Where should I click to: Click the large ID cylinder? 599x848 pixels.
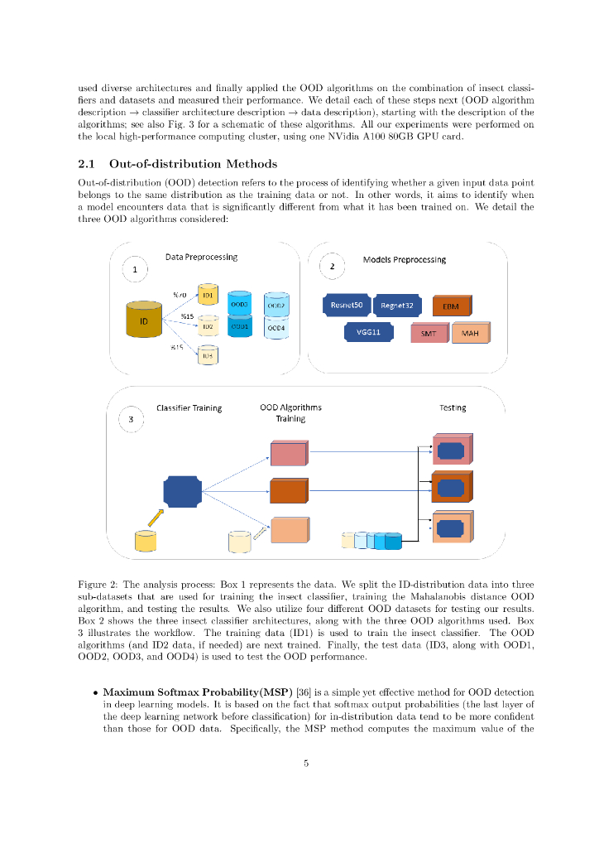pyautogui.click(x=144, y=320)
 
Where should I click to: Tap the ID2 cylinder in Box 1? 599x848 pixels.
pyautogui.click(x=208, y=327)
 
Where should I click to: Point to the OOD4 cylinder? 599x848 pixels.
pyautogui.click(x=276, y=328)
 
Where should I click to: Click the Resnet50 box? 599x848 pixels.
pyautogui.click(x=346, y=306)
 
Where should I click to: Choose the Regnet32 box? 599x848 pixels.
pyautogui.click(x=397, y=306)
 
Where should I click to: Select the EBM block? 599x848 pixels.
pyautogui.click(x=452, y=306)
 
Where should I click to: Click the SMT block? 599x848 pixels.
pyautogui.click(x=429, y=334)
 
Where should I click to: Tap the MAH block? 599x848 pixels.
pyautogui.click(x=470, y=334)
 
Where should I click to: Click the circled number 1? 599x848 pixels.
pyautogui.click(x=135, y=269)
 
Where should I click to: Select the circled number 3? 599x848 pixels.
pyautogui.click(x=132, y=420)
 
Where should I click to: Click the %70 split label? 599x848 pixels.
pyautogui.click(x=179, y=294)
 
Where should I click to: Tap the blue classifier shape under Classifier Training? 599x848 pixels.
pyautogui.click(x=182, y=492)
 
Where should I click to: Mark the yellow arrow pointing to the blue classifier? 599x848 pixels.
pyautogui.click(x=156, y=517)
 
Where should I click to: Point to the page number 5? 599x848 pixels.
pyautogui.click(x=305, y=763)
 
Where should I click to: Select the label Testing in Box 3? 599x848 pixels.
pyautogui.click(x=453, y=407)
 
